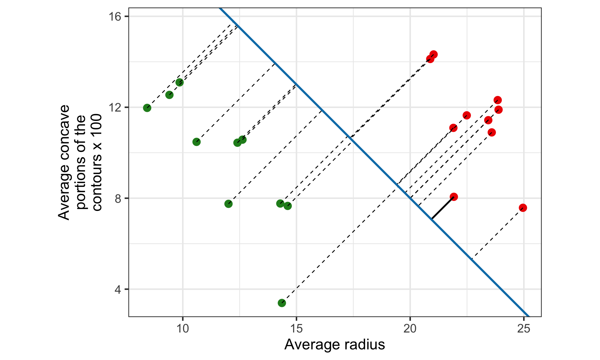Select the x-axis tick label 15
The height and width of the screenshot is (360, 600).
click(296, 329)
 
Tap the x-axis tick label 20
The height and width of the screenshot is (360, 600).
click(410, 329)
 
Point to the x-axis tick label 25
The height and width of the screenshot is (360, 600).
click(524, 329)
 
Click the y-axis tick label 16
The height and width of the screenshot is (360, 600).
click(115, 17)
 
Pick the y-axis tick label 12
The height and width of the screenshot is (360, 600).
click(115, 107)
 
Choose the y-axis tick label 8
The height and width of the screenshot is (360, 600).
click(118, 198)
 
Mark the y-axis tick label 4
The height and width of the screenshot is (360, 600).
click(118, 289)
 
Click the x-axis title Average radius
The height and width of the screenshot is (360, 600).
click(334, 345)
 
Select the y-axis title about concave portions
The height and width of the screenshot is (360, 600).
click(80, 162)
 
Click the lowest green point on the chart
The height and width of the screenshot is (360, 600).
click(282, 303)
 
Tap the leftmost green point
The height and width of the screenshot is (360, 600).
click(147, 108)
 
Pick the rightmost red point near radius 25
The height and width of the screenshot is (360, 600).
click(523, 208)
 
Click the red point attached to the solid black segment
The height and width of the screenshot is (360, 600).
click(454, 197)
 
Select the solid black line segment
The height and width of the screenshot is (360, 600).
click(443, 208)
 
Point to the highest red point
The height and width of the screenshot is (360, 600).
click(433, 54)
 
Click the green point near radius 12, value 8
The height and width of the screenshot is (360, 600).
click(228, 204)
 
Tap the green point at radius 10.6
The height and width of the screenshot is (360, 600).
click(196, 142)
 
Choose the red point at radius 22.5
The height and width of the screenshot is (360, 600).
click(467, 115)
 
